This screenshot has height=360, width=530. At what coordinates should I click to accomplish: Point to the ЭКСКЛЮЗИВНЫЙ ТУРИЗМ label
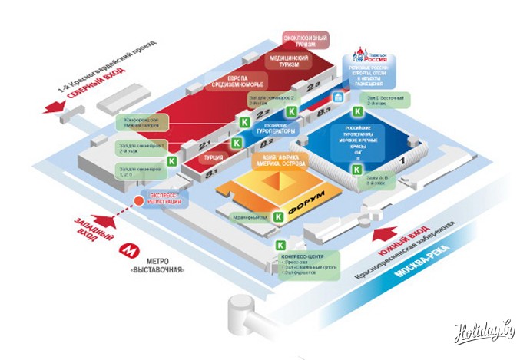[306, 39]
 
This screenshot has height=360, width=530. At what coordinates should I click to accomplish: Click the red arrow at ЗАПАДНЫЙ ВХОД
[107, 222]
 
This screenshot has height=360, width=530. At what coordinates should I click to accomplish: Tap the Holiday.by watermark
[484, 333]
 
